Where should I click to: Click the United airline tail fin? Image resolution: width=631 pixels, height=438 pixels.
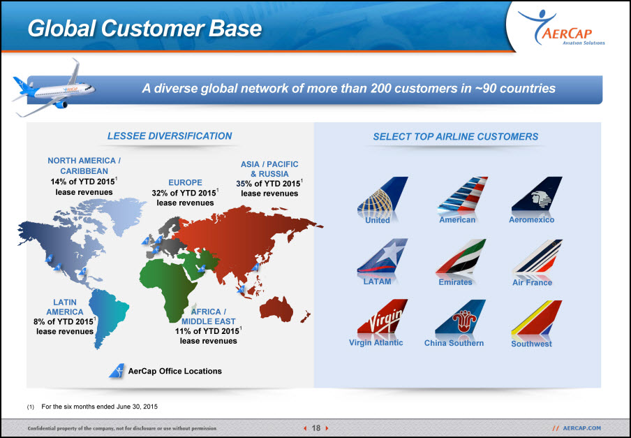[x=383, y=195]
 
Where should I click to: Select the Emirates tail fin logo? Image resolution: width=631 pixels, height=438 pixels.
[x=461, y=257]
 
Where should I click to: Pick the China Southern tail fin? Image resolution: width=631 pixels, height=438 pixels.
[x=461, y=317]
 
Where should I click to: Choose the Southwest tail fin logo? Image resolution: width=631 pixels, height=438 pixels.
[x=537, y=319]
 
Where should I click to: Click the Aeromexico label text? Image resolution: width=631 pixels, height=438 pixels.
[x=532, y=220]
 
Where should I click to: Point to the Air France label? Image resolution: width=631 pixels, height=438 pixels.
[x=532, y=282]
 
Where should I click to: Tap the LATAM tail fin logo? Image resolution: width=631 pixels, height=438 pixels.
[x=383, y=256]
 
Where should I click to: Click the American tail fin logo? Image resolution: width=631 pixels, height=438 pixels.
[x=463, y=194]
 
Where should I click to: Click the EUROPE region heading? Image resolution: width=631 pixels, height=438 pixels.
[x=185, y=182]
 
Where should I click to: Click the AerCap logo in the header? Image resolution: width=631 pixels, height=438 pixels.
[x=561, y=27]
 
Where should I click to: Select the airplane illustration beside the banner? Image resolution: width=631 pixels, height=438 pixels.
[x=54, y=89]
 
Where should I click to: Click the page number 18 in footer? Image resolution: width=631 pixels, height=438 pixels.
[x=316, y=428]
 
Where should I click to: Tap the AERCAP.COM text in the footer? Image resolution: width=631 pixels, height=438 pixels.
[x=581, y=428]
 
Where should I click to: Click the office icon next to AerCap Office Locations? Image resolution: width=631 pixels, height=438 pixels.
[x=117, y=371]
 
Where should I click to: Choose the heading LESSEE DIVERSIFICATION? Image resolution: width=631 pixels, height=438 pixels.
[x=170, y=136]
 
